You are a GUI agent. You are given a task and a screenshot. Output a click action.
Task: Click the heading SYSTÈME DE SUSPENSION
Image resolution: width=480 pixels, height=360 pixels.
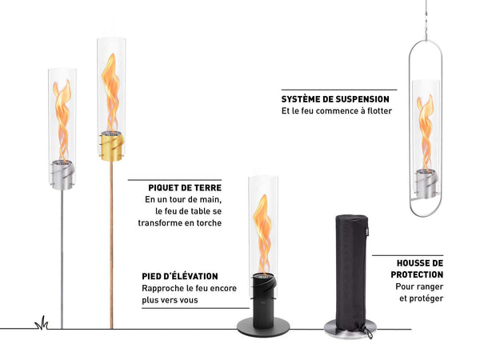coord(339,98)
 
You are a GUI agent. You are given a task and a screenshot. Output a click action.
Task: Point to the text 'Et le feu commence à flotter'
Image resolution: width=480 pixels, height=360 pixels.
coord(337,111)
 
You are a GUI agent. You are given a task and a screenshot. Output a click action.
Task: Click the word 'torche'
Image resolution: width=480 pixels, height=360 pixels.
coord(207,224)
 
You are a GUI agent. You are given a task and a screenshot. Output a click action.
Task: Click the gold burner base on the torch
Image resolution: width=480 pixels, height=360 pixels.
coord(113,143)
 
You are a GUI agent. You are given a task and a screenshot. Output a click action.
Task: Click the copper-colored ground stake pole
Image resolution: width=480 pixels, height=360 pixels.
coord(112,240)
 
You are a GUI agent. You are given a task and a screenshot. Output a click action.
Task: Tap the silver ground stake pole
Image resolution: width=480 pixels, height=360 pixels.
coord(62,256)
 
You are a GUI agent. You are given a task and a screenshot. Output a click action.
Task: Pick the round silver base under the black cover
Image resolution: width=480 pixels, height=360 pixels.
coord(350,328)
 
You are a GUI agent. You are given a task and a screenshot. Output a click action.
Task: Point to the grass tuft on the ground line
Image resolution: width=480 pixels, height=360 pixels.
coord(41,322)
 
